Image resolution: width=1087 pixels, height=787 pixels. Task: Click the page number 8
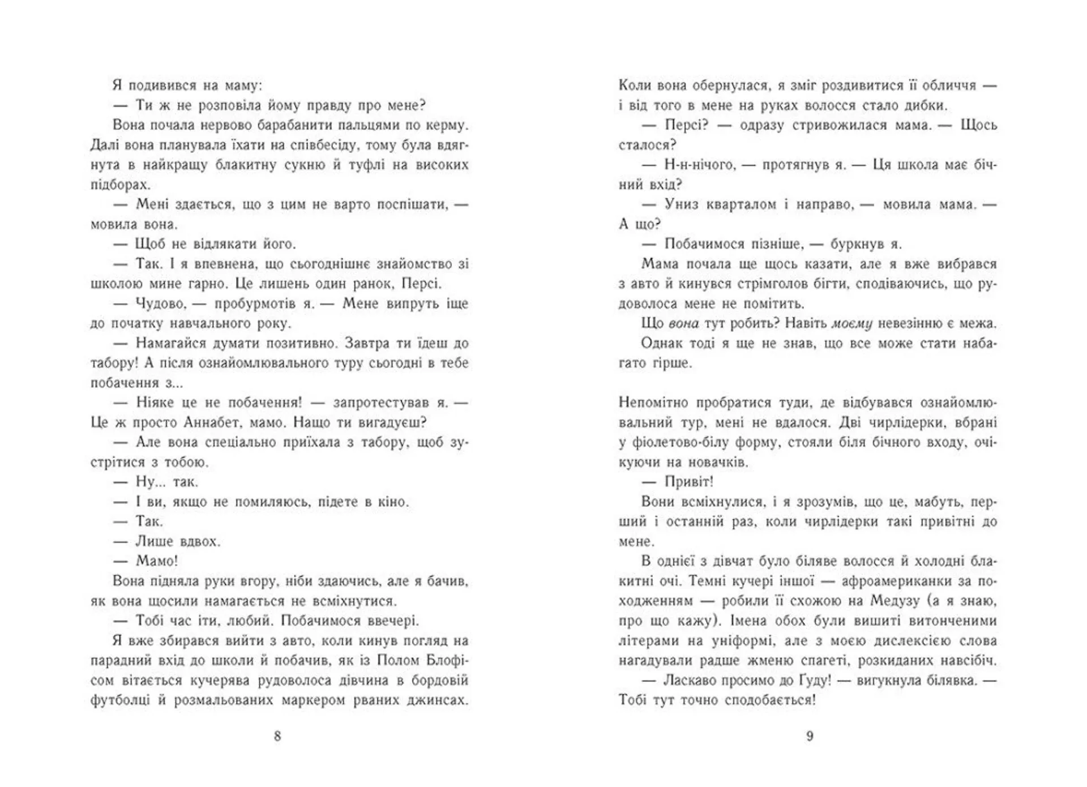(277, 736)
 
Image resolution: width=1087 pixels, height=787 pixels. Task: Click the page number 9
(810, 736)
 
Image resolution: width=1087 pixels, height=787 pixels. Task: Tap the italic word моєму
(851, 323)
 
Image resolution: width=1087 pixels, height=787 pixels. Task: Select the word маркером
(297, 700)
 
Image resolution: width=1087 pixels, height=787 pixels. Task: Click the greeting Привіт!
(688, 482)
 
